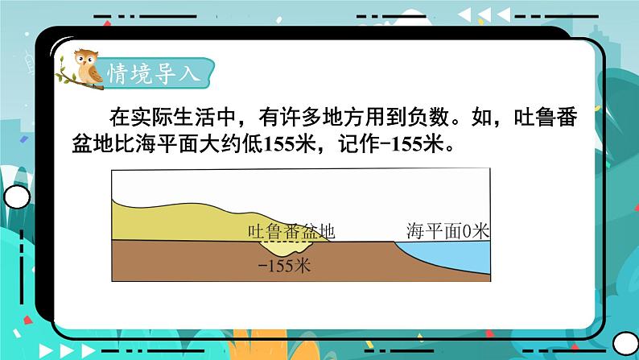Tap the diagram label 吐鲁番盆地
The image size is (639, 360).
coord(291,233)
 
